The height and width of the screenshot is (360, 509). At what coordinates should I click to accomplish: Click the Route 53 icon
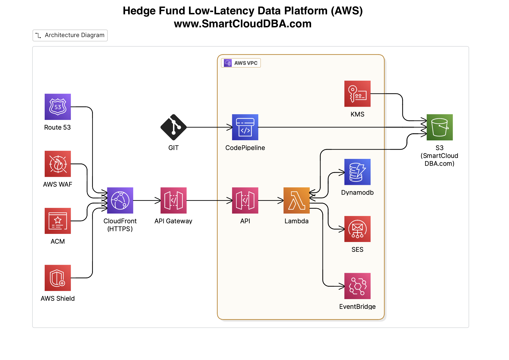(58, 107)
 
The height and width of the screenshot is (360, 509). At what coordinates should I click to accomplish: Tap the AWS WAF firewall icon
(58, 164)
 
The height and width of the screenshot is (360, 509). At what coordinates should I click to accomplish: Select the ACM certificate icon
(58, 221)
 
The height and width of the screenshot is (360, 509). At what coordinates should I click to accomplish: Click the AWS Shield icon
(58, 278)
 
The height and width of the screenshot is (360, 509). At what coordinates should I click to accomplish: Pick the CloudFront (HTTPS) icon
(120, 201)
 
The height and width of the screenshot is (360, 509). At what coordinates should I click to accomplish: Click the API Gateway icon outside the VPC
(174, 201)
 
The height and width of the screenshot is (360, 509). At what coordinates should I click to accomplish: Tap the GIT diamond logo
(174, 127)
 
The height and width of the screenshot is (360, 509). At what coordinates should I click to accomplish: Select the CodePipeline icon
(245, 127)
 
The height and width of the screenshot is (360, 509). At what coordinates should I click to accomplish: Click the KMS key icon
(357, 94)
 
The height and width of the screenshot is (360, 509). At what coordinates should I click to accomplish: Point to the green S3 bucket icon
(440, 127)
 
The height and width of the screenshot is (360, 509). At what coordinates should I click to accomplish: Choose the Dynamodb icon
(357, 172)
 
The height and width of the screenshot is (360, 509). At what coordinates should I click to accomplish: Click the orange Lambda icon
(296, 201)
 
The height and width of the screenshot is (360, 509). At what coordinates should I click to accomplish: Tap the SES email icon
(357, 229)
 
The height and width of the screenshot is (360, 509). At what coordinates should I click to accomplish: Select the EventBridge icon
(357, 286)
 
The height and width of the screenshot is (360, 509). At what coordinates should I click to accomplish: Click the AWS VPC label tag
(241, 63)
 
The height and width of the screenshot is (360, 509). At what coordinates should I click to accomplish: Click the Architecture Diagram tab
(70, 35)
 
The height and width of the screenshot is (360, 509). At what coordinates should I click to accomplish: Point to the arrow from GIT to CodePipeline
(208, 127)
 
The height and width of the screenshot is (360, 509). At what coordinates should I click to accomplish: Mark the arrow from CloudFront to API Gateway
(146, 201)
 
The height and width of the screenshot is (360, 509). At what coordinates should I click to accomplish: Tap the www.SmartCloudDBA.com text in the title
(243, 24)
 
